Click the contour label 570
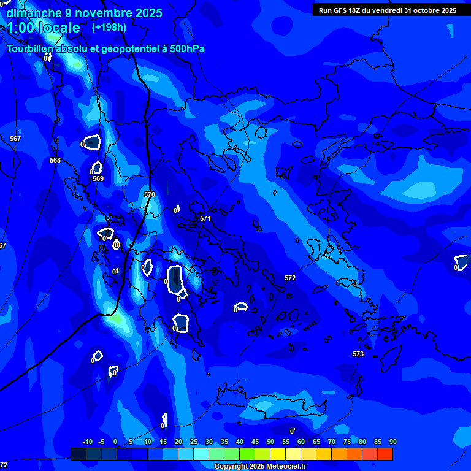(x=150, y=194)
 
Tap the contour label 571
(x=205, y=218)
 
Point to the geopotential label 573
(x=358, y=354)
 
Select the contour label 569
(x=98, y=178)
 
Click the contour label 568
(x=55, y=160)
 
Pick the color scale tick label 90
(x=392, y=442)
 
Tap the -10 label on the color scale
(x=88, y=442)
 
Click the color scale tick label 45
(x=255, y=442)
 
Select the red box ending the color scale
(x=385, y=454)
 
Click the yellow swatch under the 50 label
(x=278, y=454)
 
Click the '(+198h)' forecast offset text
(x=109, y=27)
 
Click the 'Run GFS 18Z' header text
(x=342, y=10)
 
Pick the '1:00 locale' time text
(x=43, y=28)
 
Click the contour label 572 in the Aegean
(x=290, y=278)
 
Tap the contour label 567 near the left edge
(x=15, y=139)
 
